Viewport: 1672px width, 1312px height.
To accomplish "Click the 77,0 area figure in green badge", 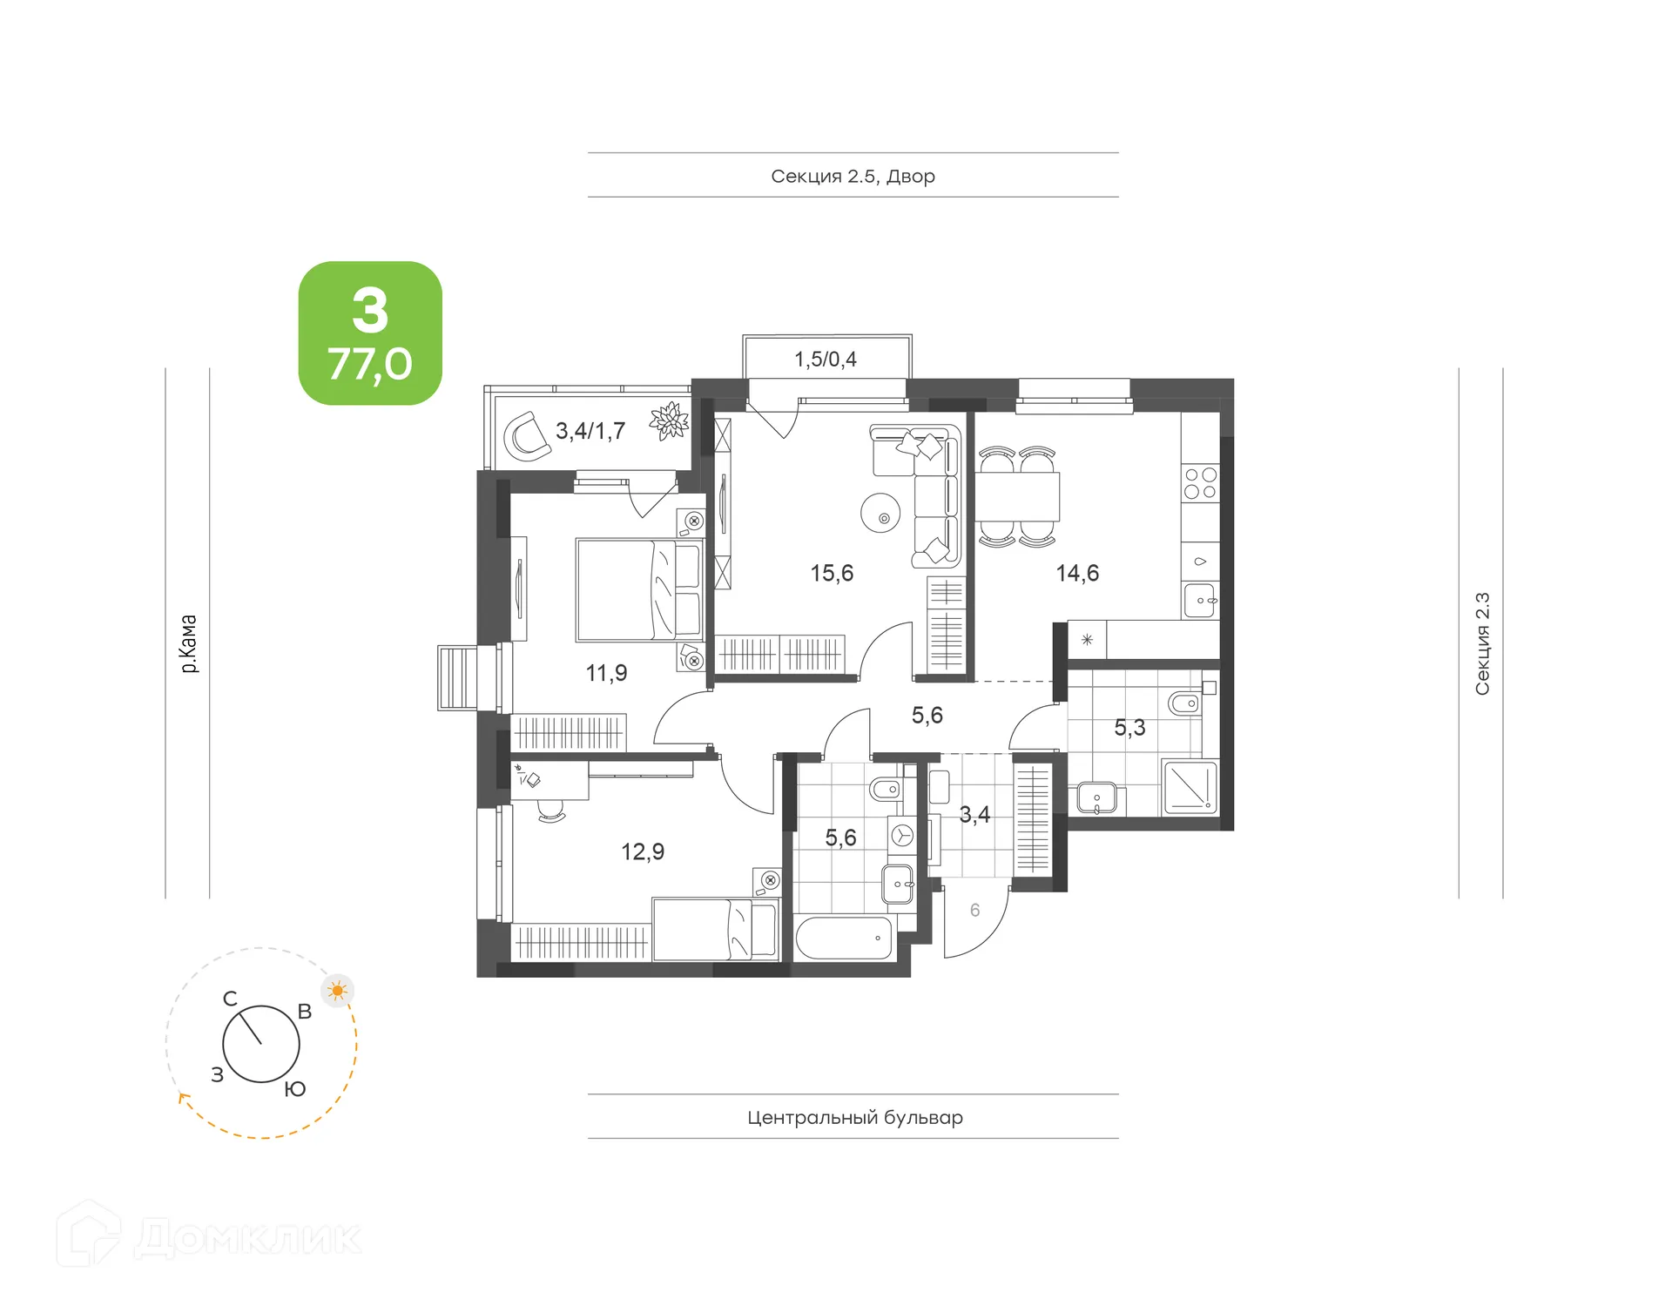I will tap(370, 364).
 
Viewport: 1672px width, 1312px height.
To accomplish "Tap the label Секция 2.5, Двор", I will tap(853, 176).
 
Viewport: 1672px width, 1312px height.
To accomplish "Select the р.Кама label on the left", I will tap(188, 643).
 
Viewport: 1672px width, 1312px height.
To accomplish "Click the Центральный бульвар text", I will tap(854, 1117).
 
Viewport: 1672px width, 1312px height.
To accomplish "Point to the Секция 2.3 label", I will tap(1481, 643).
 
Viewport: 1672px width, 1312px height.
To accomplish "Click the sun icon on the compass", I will tap(338, 991).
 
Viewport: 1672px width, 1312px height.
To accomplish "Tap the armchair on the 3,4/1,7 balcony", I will tap(527, 436).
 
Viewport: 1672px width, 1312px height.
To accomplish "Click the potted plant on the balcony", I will tap(669, 421).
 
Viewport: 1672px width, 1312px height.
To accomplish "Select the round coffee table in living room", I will tap(881, 513).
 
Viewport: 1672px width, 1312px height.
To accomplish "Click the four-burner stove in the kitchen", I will tap(1200, 483).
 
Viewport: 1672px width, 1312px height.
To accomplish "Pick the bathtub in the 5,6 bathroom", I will tap(844, 939).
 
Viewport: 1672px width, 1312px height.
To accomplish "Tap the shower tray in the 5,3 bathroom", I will tap(1189, 787).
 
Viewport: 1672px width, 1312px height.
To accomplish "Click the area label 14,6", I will tap(1077, 573).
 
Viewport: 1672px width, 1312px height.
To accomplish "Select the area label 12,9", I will tap(643, 851).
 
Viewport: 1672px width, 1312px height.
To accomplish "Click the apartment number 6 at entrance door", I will tap(974, 910).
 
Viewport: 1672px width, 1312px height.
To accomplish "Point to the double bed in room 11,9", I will tap(638, 589).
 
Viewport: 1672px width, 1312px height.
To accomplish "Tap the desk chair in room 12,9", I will tap(551, 812).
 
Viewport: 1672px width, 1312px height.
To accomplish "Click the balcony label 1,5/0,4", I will tap(826, 359).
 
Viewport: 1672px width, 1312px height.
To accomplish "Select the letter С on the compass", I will tap(230, 999).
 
